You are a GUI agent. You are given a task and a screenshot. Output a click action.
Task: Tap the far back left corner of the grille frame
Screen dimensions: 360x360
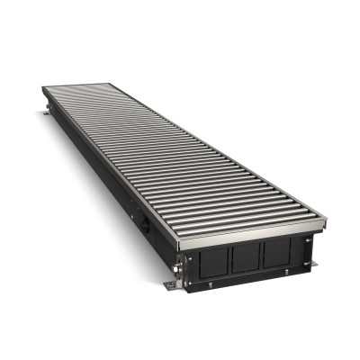42,87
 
